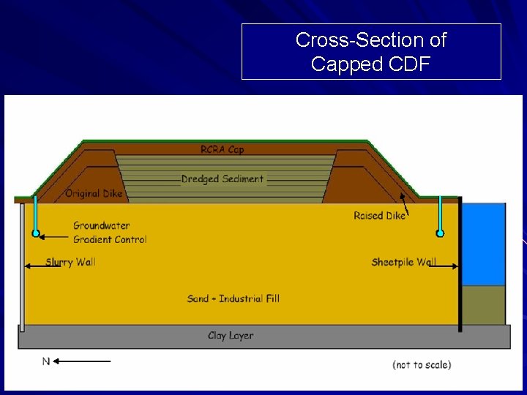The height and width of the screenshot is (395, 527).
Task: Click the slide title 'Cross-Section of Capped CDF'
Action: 371,51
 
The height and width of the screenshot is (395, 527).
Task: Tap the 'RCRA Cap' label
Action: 223,150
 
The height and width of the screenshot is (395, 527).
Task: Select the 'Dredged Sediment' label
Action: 223,178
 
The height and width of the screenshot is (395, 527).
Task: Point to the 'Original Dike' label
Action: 94,194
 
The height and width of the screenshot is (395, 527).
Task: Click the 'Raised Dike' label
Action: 378,216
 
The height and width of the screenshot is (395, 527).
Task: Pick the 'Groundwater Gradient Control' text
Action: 110,233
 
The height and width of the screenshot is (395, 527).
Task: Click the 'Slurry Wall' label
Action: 70,262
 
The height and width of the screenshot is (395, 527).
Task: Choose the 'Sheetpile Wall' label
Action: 403,262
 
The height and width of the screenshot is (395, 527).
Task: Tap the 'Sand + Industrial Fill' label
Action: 233,298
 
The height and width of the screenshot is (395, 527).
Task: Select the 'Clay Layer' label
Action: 231,336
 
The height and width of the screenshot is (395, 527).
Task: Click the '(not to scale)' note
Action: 422,364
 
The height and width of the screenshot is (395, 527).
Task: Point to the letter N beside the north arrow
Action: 46,361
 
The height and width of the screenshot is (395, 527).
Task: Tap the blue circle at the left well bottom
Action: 35,233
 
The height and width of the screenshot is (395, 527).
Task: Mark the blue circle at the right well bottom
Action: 440,233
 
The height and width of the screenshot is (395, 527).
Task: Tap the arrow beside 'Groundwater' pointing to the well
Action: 54,236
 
